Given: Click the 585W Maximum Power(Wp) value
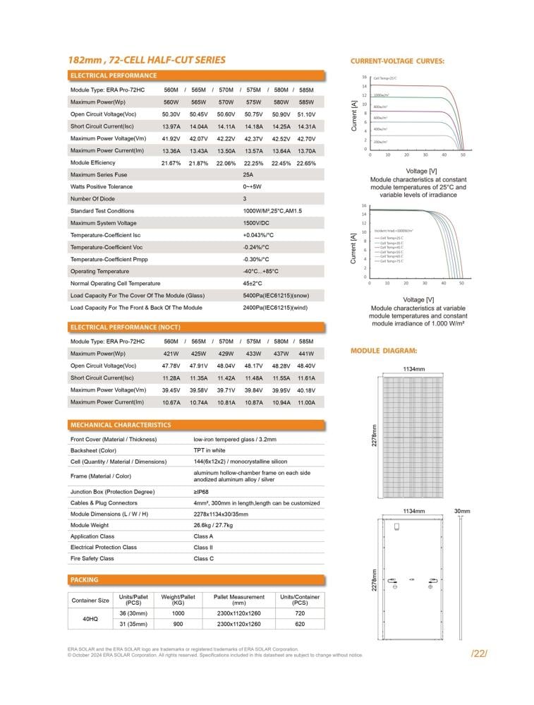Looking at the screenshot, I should [306, 102].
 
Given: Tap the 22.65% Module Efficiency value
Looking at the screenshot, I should [306, 163].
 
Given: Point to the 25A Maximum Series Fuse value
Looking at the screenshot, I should [248, 175].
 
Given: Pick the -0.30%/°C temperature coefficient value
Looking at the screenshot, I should [256, 259].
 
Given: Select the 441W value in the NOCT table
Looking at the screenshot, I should [306, 354].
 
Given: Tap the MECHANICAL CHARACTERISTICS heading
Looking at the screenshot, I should [121, 426].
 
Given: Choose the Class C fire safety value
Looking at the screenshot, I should [203, 559].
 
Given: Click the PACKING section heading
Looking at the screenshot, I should [85, 580].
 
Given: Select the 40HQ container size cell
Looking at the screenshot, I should [90, 618].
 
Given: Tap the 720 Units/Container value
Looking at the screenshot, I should [300, 614].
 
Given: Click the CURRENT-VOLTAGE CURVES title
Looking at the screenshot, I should [397, 61].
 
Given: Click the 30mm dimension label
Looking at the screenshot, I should [462, 511].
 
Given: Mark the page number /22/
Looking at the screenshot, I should [479, 653].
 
